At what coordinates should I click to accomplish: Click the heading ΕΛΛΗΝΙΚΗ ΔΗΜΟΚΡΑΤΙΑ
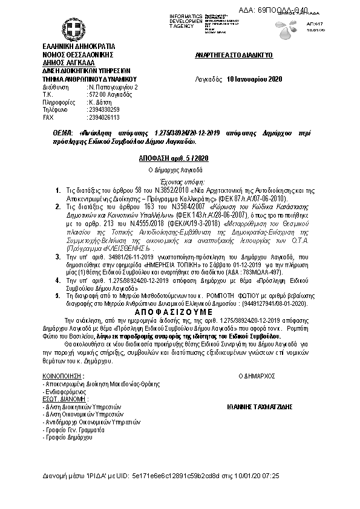(x=74, y=47)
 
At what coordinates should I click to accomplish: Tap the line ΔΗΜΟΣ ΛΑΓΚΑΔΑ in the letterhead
(x=64, y=62)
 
